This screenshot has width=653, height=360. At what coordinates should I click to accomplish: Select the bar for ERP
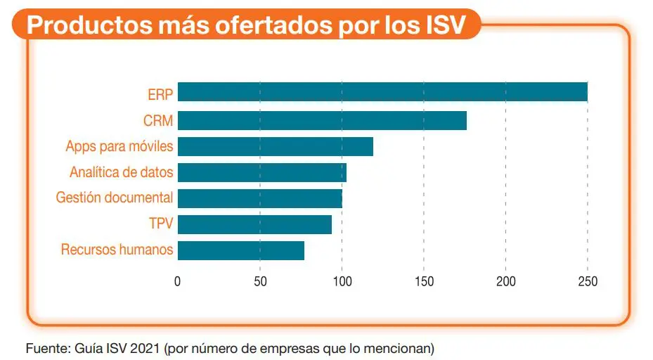[382, 92]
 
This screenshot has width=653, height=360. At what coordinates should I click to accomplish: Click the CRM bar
[322, 120]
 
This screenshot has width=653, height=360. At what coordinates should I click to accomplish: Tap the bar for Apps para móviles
[275, 146]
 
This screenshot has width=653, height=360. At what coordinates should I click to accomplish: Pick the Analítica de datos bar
[261, 172]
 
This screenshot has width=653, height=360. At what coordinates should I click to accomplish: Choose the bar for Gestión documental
[259, 198]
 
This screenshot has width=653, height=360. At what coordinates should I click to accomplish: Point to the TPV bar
[254, 224]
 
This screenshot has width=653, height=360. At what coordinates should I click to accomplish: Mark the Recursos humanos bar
[241, 250]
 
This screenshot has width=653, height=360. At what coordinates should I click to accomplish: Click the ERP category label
[160, 95]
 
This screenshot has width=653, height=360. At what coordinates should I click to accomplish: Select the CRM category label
[158, 121]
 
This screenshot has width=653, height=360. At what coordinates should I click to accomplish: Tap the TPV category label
[161, 224]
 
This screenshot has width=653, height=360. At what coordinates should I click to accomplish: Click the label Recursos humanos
[117, 250]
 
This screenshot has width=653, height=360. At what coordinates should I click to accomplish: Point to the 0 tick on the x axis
[178, 282]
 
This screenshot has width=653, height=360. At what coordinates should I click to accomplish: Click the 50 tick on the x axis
[260, 282]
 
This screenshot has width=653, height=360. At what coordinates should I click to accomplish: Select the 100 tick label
[342, 282]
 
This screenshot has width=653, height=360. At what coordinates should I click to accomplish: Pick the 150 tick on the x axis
[424, 282]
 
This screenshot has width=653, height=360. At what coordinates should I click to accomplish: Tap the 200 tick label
[505, 282]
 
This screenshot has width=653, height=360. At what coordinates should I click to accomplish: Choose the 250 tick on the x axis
[588, 282]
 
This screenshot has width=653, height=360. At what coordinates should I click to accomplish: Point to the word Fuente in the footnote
[44, 348]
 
